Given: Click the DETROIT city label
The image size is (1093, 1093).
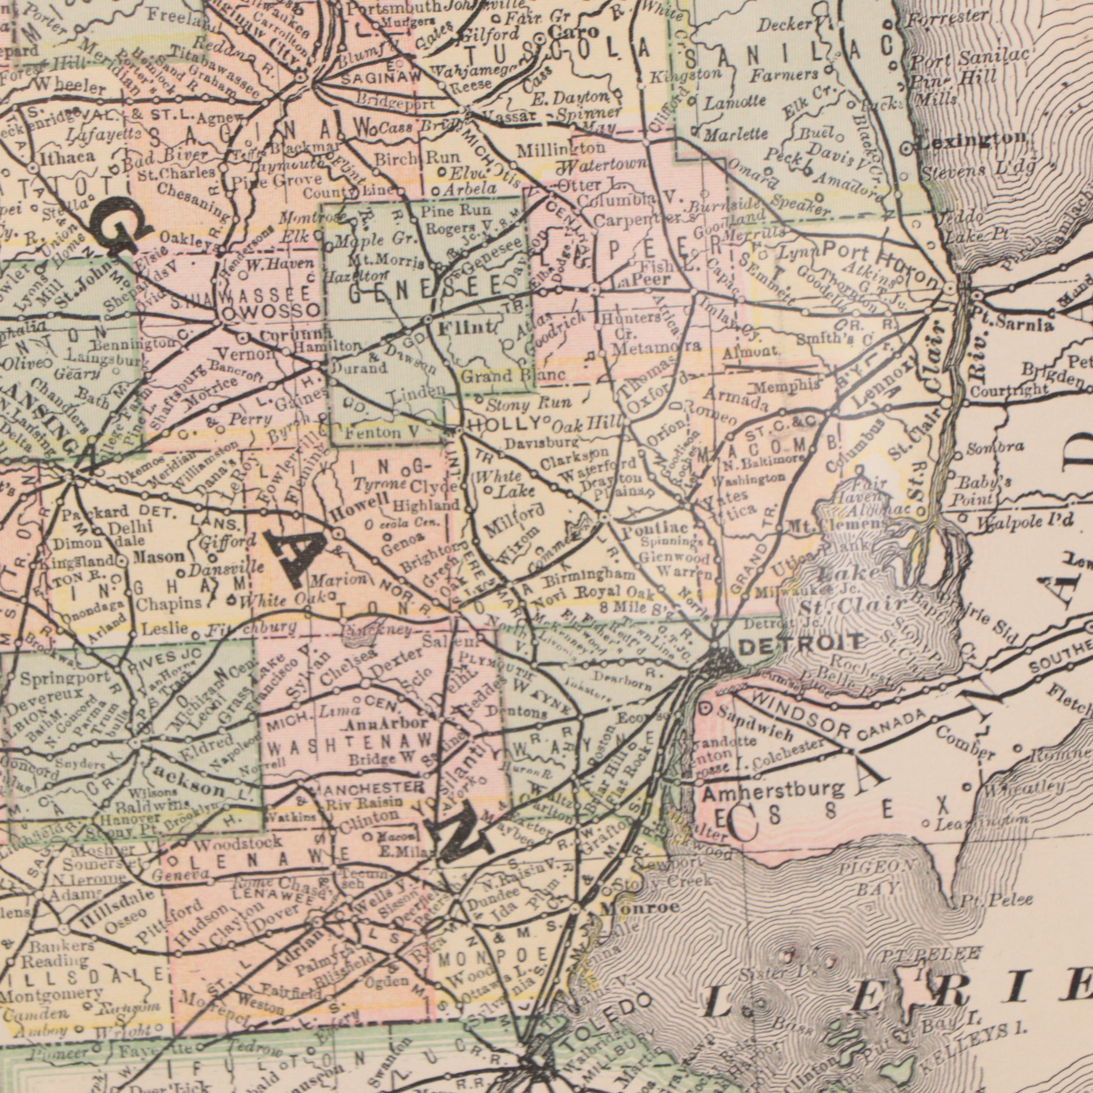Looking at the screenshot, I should pyautogui.click(x=802, y=627).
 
